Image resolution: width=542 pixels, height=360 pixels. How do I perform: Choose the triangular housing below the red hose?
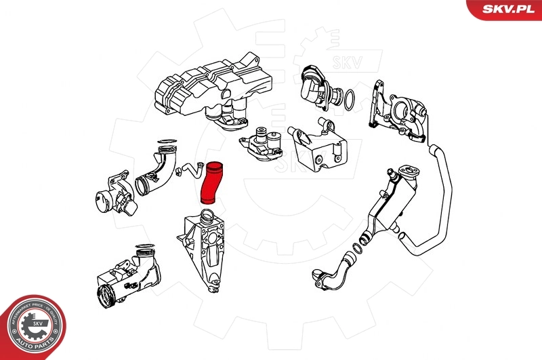point(207,251)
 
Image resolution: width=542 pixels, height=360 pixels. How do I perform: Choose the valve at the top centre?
point(315,85)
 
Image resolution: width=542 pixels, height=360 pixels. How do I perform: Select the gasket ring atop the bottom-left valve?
point(145,247)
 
